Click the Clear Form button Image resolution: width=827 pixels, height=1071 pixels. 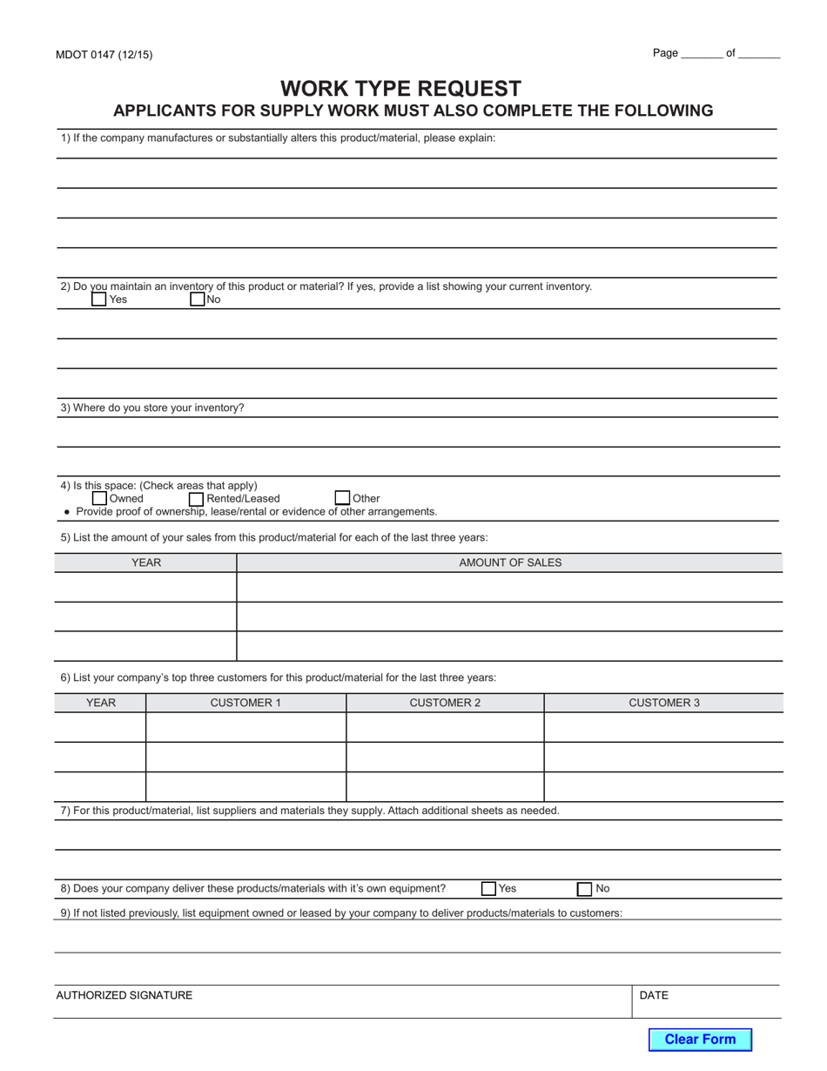[700, 1039]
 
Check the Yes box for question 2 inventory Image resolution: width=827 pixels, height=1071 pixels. [99, 300]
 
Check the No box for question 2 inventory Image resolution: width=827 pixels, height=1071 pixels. [197, 300]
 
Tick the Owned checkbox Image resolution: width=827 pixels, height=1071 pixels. [99, 499]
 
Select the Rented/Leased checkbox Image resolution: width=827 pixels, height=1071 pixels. [196, 499]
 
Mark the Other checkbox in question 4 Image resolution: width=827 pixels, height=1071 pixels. [342, 498]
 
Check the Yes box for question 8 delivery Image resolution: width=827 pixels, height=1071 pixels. [488, 889]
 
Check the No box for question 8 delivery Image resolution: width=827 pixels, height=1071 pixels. [585, 889]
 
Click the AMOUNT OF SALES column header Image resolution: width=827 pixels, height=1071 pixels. [510, 562]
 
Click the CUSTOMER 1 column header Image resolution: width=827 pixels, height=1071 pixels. [245, 703]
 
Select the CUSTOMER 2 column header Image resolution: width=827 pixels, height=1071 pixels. [445, 703]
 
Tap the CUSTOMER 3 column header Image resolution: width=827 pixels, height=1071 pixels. [663, 703]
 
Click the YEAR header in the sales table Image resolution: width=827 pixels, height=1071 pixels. [145, 562]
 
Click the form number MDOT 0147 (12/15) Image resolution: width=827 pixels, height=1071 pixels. [104, 55]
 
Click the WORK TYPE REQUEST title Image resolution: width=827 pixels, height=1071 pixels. [400, 89]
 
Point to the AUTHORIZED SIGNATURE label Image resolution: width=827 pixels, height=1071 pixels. [124, 995]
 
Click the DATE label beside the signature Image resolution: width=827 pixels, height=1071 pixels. [654, 995]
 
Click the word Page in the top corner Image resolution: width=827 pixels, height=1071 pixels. [665, 53]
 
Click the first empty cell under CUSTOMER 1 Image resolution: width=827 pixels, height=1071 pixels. [245, 727]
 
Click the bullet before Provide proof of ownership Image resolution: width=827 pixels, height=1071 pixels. [67, 512]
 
